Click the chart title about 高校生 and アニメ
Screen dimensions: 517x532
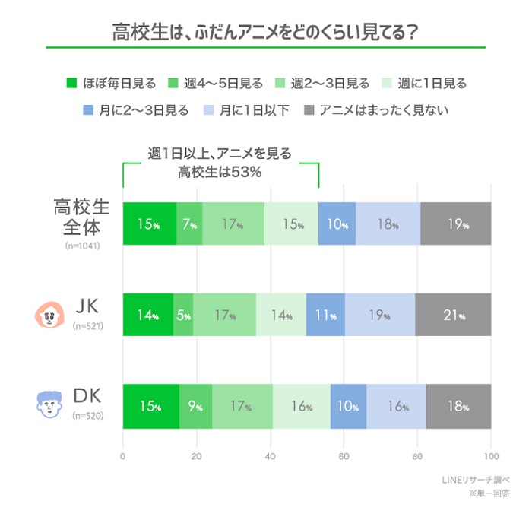[265, 33]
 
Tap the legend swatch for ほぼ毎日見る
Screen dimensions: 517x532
[72, 84]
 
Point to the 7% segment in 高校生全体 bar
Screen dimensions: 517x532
[190, 224]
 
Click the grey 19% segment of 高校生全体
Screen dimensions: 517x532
[455, 224]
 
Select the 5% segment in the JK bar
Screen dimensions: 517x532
[183, 314]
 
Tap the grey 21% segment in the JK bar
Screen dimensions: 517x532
[453, 314]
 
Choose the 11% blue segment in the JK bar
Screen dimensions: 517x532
[325, 314]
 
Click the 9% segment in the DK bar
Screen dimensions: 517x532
[195, 406]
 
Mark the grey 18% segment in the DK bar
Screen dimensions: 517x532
[458, 406]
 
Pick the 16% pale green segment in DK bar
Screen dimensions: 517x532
[302, 406]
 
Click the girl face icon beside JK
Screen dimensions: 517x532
[49, 313]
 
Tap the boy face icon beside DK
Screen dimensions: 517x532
[49, 404]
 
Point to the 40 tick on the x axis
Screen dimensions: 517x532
[270, 457]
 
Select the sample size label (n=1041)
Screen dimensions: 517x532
[83, 246]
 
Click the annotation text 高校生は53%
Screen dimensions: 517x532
[220, 172]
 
